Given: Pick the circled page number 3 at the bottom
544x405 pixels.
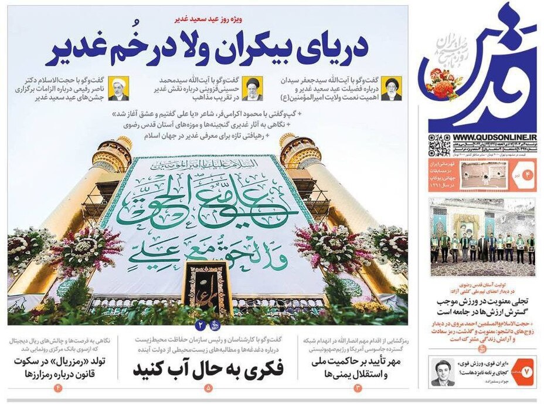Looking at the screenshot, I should tap(359, 388).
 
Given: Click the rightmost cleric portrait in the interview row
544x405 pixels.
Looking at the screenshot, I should tap(392, 88).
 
